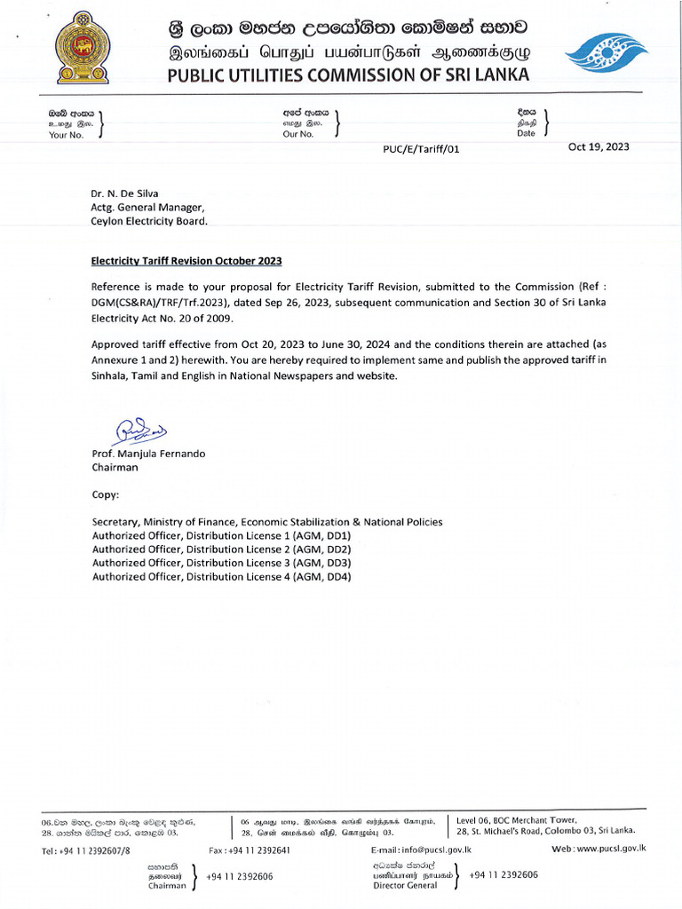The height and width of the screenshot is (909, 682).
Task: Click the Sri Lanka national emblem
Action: click(x=83, y=48)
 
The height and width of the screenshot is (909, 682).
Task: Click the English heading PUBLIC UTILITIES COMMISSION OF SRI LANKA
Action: click(x=348, y=74)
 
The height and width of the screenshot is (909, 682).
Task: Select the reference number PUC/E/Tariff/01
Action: click(x=421, y=149)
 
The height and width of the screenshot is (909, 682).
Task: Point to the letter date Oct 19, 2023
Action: click(x=598, y=146)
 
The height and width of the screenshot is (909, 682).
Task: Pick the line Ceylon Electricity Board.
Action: click(x=149, y=221)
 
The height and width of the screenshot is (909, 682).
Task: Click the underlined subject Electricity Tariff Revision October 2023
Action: click(x=186, y=261)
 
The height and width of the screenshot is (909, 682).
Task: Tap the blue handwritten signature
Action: click(x=139, y=431)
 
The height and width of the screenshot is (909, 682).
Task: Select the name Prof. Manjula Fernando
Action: click(x=148, y=454)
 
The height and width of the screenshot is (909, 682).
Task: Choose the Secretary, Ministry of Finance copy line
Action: click(x=266, y=522)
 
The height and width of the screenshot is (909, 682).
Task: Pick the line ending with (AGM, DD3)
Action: click(x=221, y=563)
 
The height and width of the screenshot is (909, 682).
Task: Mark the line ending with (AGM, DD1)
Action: click(x=221, y=536)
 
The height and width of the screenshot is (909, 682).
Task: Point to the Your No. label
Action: click(x=66, y=134)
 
